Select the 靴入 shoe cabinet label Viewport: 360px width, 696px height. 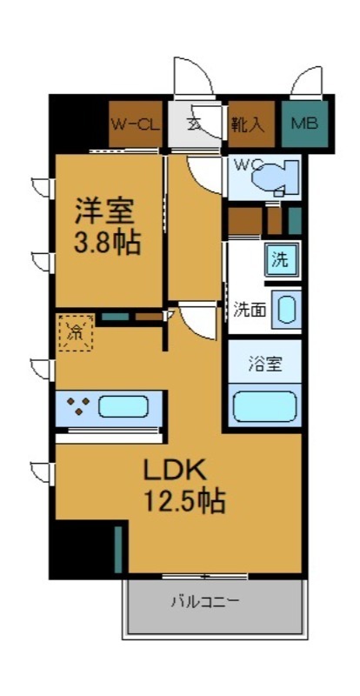click(x=247, y=124)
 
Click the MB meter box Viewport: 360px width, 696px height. click(x=303, y=124)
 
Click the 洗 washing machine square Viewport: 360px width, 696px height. click(x=280, y=259)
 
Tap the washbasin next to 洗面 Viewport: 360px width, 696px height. click(x=285, y=310)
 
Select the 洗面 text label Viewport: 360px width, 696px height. click(x=250, y=310)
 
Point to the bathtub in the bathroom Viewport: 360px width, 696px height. click(x=265, y=406)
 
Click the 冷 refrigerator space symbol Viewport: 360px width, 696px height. click(x=76, y=331)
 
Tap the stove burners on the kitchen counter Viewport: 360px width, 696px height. click(x=79, y=406)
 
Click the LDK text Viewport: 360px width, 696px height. click(x=174, y=471)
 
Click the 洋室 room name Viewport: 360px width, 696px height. click(x=103, y=211)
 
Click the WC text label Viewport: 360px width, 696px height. click(x=244, y=164)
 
